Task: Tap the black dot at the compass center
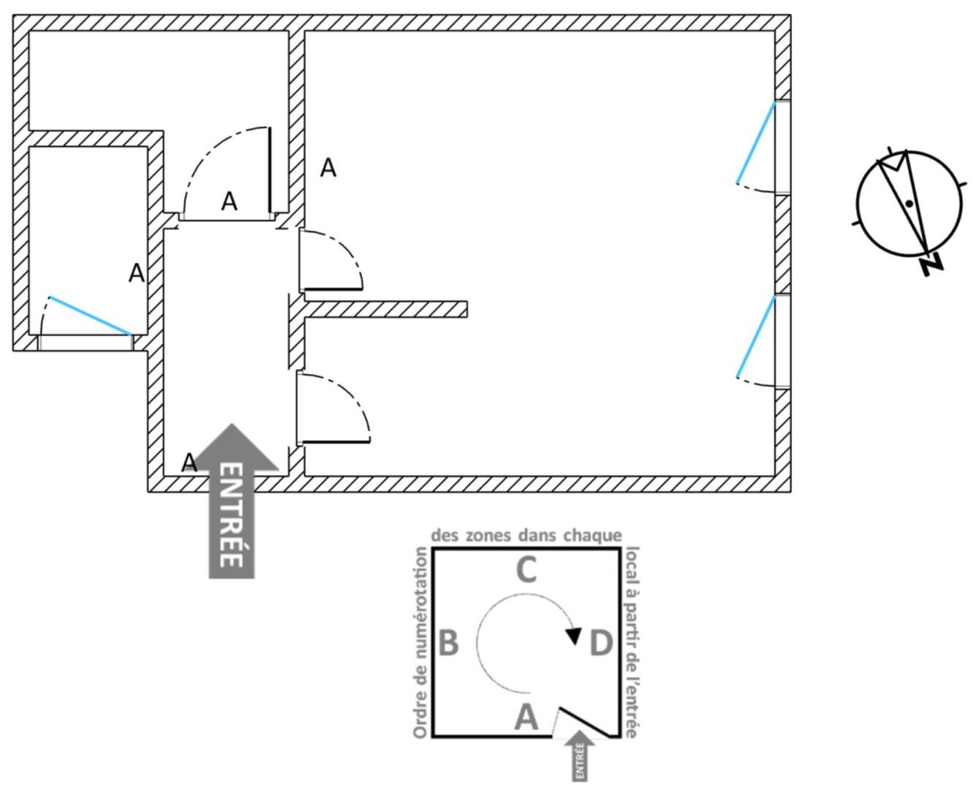(x=909, y=204)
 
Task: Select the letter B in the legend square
(x=448, y=643)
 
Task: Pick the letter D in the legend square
(x=601, y=643)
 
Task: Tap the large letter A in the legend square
(x=526, y=717)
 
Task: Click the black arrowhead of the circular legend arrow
(x=574, y=636)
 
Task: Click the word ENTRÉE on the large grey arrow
(x=231, y=515)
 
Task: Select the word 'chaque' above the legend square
(x=592, y=535)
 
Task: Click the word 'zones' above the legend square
(x=488, y=535)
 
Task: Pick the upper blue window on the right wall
(x=756, y=142)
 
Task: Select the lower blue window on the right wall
(x=756, y=337)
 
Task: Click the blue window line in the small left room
(x=91, y=316)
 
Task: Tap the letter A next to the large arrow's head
(x=189, y=462)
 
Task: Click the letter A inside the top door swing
(x=229, y=201)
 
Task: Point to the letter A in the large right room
(x=328, y=168)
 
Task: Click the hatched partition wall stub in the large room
(x=385, y=309)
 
